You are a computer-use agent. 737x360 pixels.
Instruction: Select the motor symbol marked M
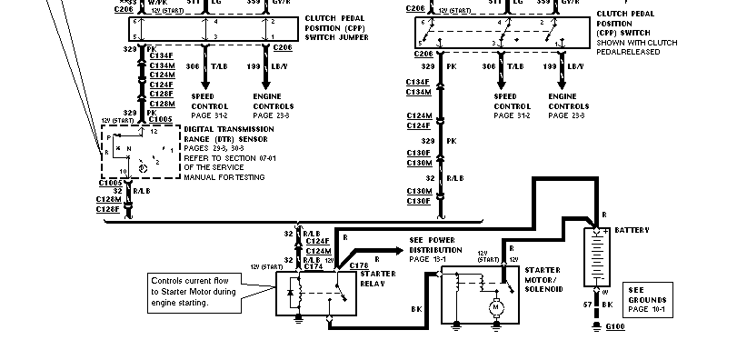pyautogui.click(x=496, y=307)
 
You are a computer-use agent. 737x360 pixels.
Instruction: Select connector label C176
pyautogui.click(x=359, y=265)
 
